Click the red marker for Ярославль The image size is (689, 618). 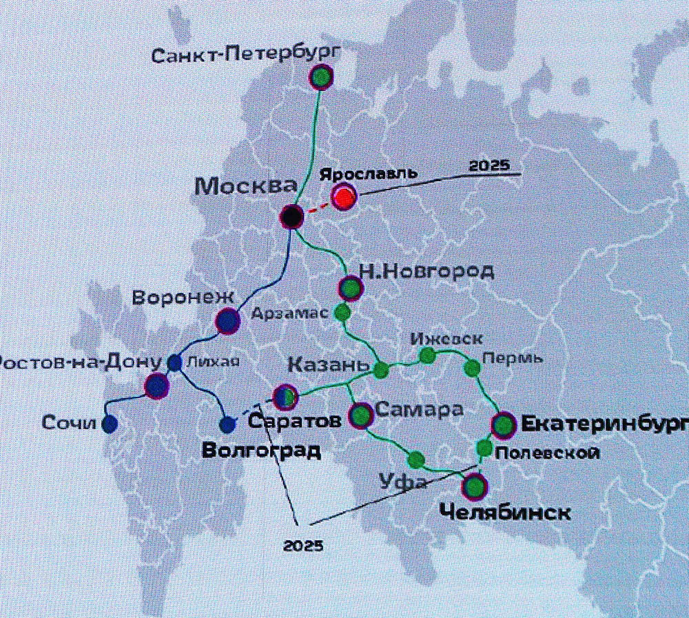coord(343,198)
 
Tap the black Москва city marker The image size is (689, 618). coord(292,216)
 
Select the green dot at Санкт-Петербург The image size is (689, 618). coord(320,77)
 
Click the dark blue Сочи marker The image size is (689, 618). coord(109,424)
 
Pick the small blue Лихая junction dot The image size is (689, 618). coord(174,362)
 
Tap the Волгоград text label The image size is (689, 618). coord(261,451)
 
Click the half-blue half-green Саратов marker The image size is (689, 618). coord(285,396)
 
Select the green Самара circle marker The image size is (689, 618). coord(362,415)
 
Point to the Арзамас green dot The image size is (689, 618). coord(342,312)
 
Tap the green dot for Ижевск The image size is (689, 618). coord(427,355)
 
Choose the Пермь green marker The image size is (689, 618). coord(472,368)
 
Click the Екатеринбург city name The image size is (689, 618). coord(604,424)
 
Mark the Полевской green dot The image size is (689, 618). coord(484,449)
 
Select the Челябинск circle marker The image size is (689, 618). coord(474,488)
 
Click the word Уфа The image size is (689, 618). coord(403,482)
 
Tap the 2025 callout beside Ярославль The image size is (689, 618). coord(488,166)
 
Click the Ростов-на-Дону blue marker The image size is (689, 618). coord(157,386)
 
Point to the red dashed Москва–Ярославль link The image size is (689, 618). coord(317,207)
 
